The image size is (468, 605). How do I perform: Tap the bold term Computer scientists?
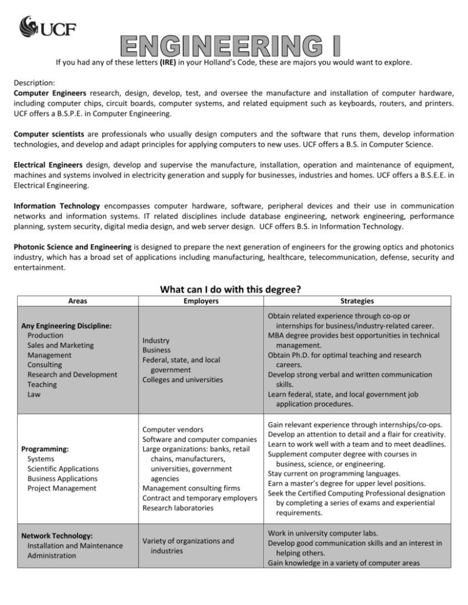point(43,133)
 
